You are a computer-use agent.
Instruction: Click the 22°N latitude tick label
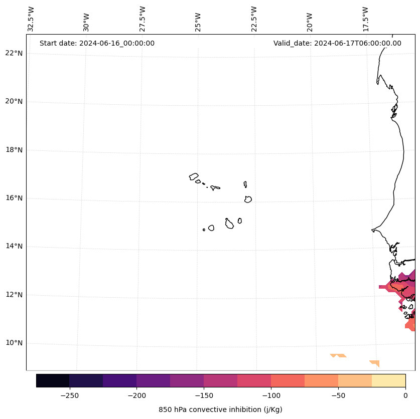coord(14,53)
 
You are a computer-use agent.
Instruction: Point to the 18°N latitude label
coord(14,150)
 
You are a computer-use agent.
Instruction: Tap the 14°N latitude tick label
coord(14,246)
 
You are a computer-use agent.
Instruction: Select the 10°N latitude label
coord(14,343)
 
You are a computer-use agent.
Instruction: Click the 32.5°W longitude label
coord(31,19)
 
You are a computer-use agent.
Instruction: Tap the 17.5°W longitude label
coord(366,19)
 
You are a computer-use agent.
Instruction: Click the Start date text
coord(97,43)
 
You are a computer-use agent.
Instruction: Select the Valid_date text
coord(337,43)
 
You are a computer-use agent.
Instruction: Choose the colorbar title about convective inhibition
coord(220,409)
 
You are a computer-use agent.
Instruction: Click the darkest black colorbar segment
coord(53,380)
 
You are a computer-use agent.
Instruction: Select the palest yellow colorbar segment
coord(388,380)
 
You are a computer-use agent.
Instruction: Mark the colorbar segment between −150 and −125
coord(220,380)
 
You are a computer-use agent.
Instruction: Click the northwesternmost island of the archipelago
coord(194,176)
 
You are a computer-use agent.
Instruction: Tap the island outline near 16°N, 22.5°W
coord(248,199)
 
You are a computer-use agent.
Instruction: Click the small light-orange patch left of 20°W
coord(339,355)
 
